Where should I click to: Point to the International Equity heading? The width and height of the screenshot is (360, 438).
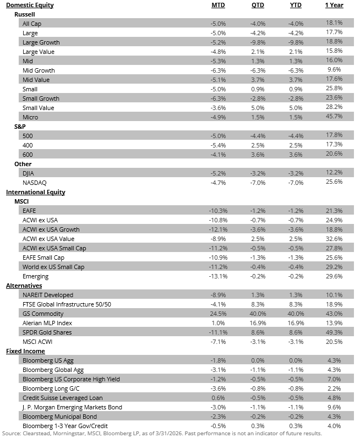coord(35,192)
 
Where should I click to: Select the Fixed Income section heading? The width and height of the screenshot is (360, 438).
coord(25,351)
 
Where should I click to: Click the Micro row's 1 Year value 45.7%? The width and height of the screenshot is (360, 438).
coord(334,117)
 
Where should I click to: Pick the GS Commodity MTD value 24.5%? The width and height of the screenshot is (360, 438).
coord(217,314)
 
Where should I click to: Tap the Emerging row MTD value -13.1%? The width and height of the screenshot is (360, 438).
coord(217,276)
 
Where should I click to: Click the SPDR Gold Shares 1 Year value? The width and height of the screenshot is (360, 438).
coord(334,332)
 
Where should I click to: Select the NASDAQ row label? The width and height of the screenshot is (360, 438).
coord(33,182)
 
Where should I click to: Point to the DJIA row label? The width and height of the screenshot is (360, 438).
coord(29,173)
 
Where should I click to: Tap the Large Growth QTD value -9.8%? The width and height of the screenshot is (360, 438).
coord(256,42)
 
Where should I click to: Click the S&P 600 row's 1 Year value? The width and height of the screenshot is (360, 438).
coord(334,154)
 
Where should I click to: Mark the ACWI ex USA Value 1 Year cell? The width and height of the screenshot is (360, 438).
coord(334,239)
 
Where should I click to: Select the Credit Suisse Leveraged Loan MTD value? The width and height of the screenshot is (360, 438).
coord(217,398)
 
